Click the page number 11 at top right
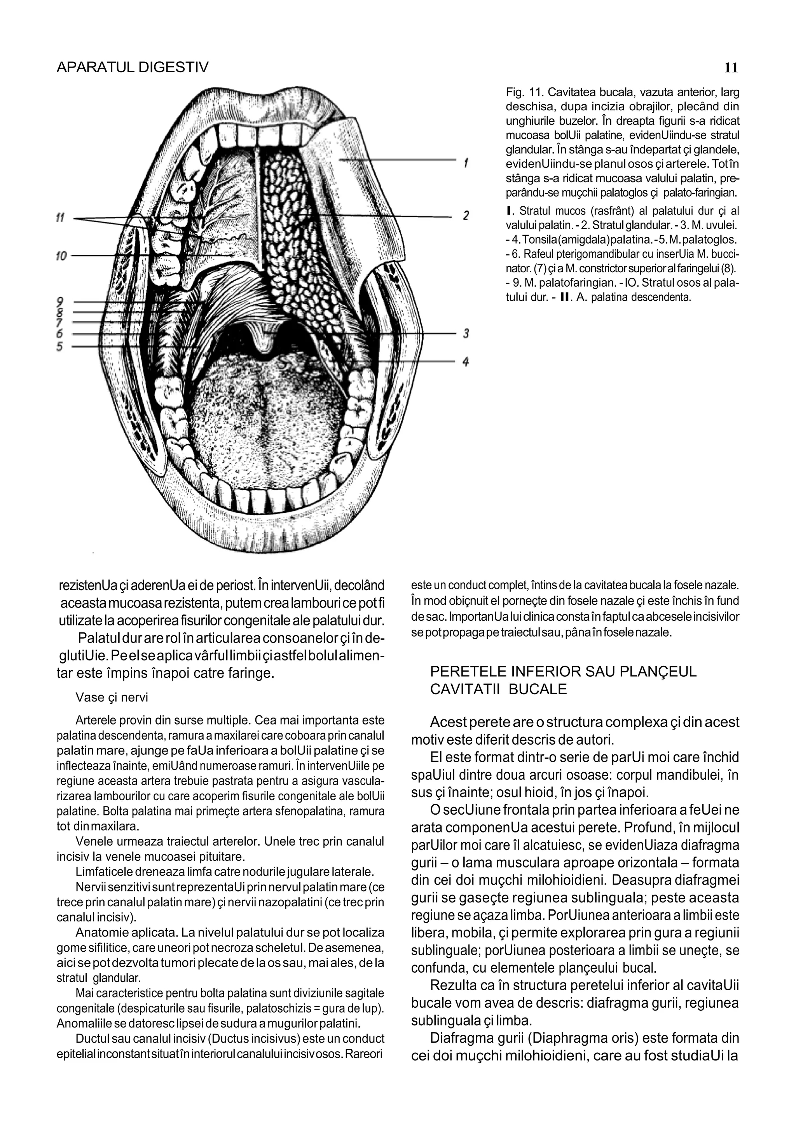coord(730,68)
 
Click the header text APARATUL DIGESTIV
coord(132,67)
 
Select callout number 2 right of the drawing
coord(466,216)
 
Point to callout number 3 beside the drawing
coord(466,334)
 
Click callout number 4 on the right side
coord(466,362)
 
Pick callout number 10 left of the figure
coord(61,256)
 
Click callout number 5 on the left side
coord(59,347)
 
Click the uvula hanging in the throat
coord(264,338)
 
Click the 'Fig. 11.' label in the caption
coord(524,92)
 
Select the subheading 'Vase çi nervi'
coord(112,697)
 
